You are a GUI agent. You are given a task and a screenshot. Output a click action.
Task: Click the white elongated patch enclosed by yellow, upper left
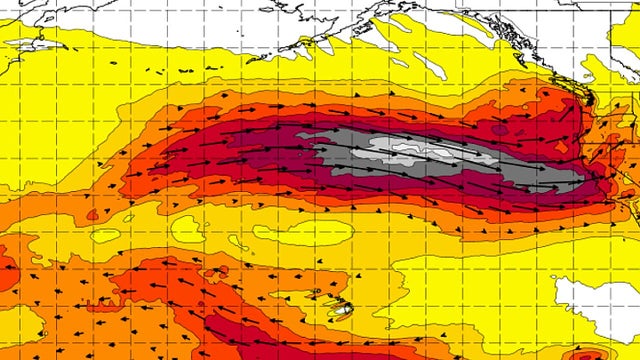tap(40, 45)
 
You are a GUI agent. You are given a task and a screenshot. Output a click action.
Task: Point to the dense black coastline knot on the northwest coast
tap(589, 100)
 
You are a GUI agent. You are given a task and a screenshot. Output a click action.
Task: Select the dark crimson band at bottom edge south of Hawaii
tap(250, 345)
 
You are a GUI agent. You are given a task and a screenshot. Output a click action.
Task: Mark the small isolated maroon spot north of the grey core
tap(499, 129)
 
